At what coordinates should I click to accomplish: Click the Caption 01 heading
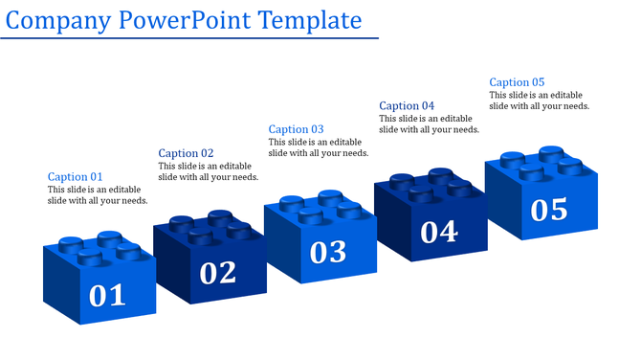coord(75,177)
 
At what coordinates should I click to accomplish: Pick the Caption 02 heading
coord(186,153)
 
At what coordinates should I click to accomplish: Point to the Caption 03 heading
coord(296,129)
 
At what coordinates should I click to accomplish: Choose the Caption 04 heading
coord(407,106)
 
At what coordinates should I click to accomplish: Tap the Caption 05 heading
coord(517,82)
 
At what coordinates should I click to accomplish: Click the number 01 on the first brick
coord(107,295)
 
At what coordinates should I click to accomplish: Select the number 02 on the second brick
coord(218,273)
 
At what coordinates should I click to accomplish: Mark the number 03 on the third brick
coord(328,251)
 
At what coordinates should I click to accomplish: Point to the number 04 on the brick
coord(439,231)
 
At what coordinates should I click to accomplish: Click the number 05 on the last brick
coord(549,209)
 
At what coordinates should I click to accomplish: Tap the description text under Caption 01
coord(98,195)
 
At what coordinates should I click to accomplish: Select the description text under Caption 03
coord(319,147)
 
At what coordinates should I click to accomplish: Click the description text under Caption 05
coord(540,101)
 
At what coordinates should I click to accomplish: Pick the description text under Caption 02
coord(208,171)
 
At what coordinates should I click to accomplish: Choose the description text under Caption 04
coord(429,124)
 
